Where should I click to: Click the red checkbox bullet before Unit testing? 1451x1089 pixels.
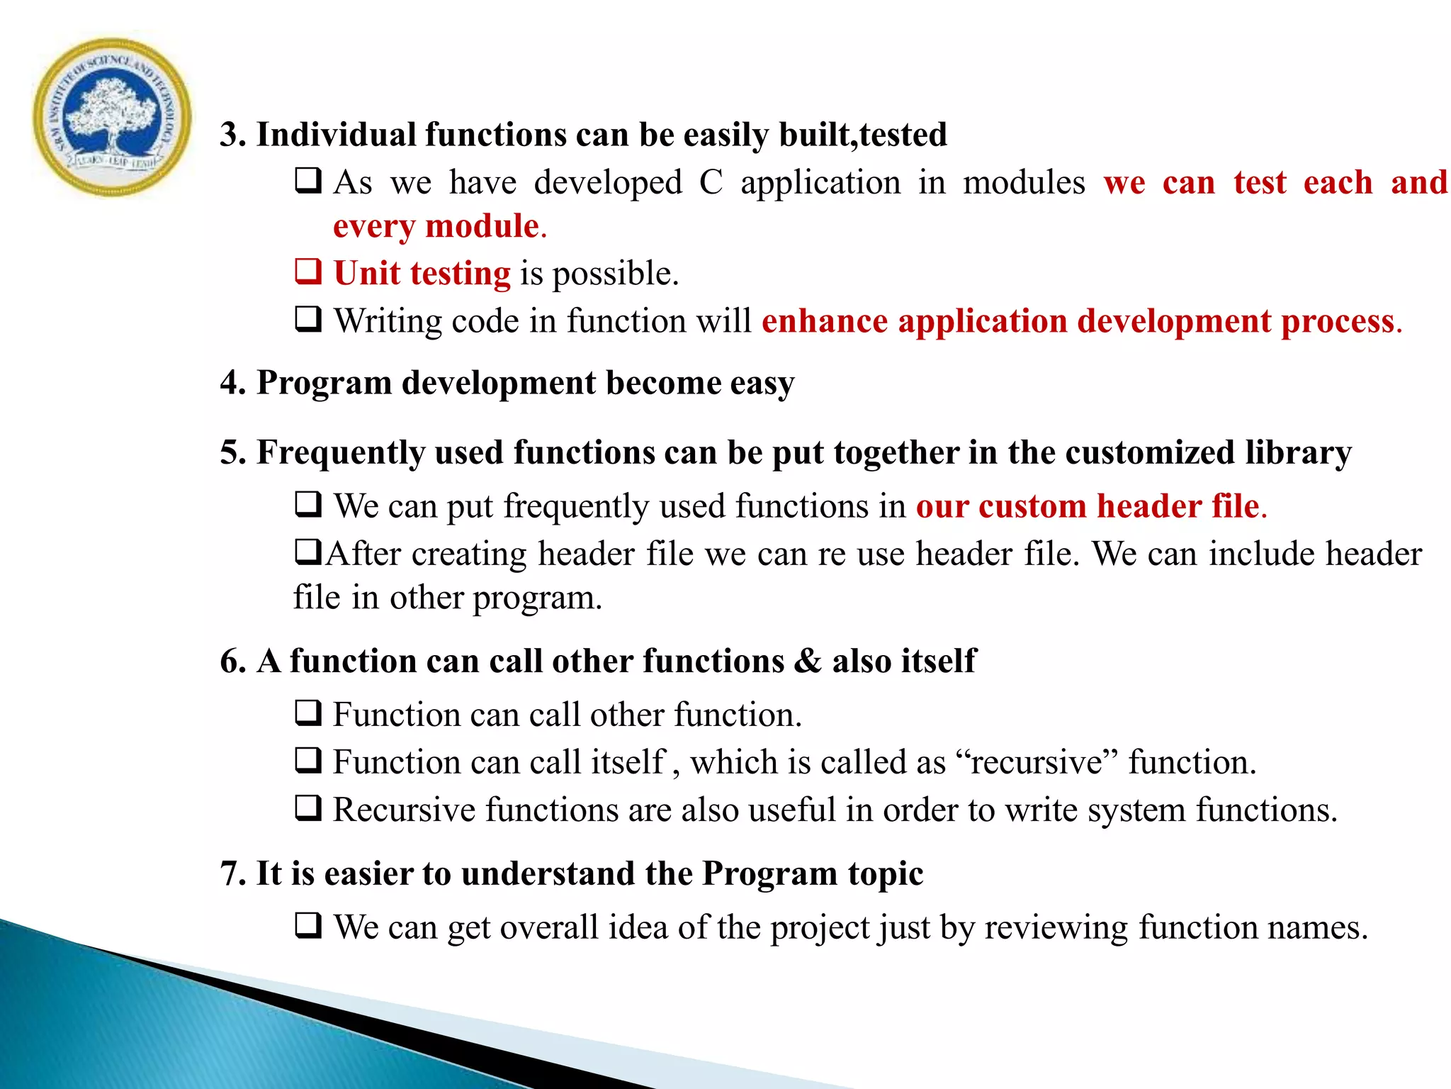coord(308,272)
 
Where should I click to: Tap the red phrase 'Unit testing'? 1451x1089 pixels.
coord(422,274)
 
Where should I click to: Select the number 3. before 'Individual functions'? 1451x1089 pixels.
coord(233,135)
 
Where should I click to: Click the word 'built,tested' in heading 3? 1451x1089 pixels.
coord(863,135)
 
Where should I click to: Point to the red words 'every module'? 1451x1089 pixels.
coord(436,226)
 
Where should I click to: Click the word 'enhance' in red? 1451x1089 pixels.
coord(824,321)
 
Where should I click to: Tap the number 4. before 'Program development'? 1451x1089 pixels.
coord(233,383)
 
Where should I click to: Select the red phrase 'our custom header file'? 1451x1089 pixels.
coord(1088,506)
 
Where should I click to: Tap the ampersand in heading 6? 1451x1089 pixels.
coord(808,661)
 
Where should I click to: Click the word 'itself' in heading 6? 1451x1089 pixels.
coord(939,661)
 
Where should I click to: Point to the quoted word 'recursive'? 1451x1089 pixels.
coord(1037,763)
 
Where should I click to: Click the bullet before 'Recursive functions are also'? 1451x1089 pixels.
coord(308,808)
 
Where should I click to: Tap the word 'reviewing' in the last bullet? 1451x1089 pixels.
coord(1056,928)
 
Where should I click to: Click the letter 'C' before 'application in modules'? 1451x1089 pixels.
coord(711,183)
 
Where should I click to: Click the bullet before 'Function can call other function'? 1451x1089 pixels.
coord(308,713)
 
